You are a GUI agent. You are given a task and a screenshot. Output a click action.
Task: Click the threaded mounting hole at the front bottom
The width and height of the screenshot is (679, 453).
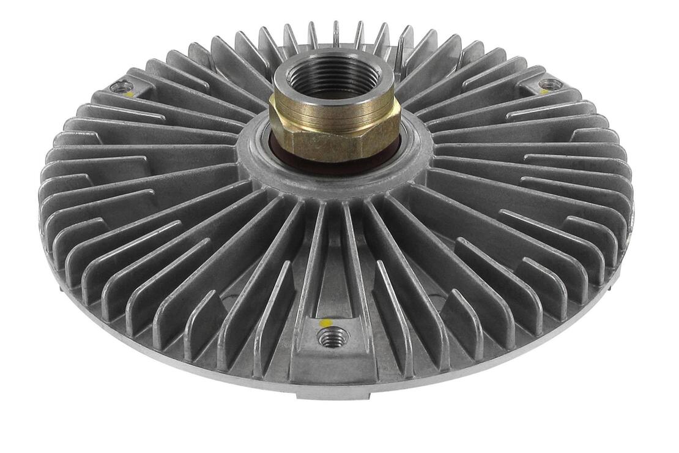[x=334, y=336]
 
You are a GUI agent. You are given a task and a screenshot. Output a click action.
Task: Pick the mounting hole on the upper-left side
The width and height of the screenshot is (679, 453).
[x=122, y=86]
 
